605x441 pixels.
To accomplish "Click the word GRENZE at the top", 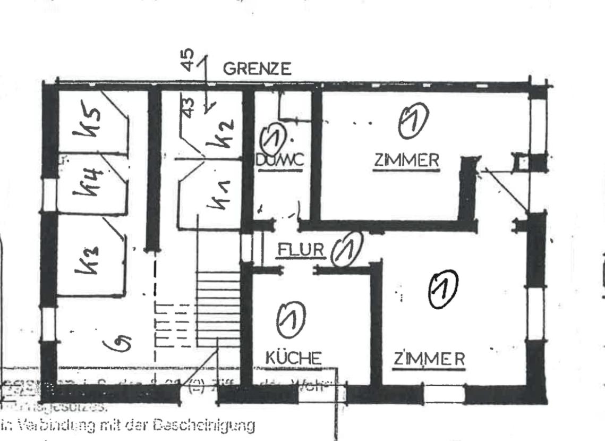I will point(257,69).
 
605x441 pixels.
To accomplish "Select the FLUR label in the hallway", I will point(300,250).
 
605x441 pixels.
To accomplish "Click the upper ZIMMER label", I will point(406,160).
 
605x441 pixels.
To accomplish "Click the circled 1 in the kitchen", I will point(292,318).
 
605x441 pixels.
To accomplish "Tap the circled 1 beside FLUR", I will point(346,249).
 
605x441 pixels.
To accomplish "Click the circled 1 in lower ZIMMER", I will point(443,290).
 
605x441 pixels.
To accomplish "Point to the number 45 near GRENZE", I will point(188,60).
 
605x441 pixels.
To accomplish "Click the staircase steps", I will point(218,308).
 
